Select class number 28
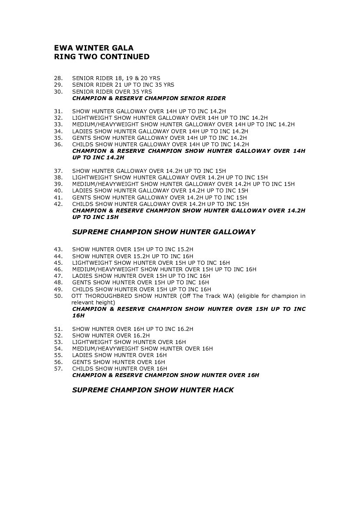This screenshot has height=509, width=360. [58, 78]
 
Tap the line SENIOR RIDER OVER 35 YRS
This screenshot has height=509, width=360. [112, 92]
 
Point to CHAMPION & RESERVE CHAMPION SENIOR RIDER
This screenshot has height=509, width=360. [149, 98]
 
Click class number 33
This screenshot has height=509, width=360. [58, 125]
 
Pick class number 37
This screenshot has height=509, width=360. [58, 171]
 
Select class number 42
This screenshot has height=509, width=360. [58, 204]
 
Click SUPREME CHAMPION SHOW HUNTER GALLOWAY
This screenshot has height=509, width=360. [163, 232]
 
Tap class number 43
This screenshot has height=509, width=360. [58, 249]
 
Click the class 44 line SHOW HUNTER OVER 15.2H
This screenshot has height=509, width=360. [133, 256]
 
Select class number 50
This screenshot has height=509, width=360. [58, 296]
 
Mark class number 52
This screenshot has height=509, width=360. [58, 336]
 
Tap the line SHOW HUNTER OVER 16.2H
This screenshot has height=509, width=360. [111, 336]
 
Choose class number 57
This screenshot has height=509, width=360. [58, 368]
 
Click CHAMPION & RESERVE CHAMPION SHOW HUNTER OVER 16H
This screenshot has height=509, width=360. [165, 375]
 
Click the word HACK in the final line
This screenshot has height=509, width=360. [222, 390]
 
